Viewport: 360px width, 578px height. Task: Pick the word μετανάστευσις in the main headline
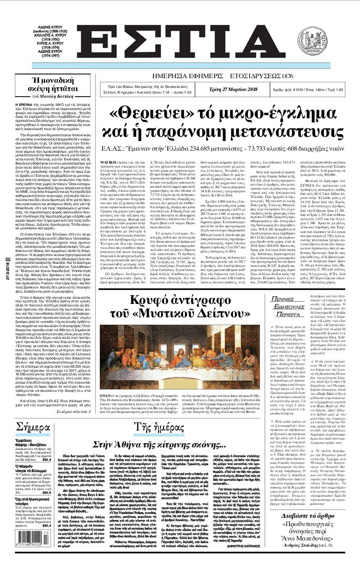[278, 133]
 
